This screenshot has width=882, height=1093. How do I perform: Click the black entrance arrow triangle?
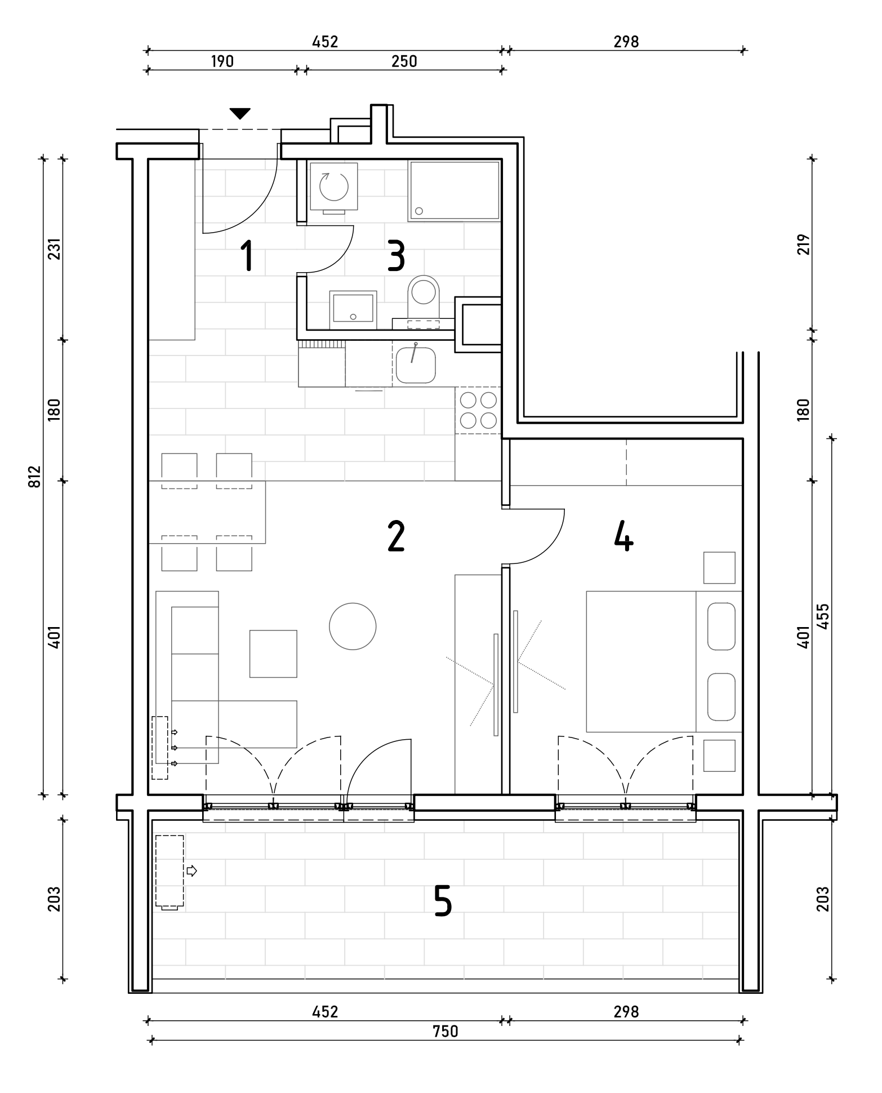[x=240, y=114]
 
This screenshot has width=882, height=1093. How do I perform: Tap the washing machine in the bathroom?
[x=333, y=188]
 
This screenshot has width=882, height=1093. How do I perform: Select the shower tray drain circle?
[x=418, y=211]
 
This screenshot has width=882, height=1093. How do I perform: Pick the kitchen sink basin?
[x=416, y=365]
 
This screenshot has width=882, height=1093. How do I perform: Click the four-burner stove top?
[x=478, y=410]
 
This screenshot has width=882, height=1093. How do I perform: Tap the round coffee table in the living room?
[x=353, y=627]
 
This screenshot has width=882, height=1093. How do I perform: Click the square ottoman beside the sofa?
[x=273, y=654]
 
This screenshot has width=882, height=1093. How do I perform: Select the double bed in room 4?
[x=664, y=661]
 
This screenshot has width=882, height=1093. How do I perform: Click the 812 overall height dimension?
[x=35, y=477]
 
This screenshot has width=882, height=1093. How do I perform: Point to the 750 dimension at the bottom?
[x=446, y=1032]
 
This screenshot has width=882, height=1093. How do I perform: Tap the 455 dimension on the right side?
[x=822, y=616]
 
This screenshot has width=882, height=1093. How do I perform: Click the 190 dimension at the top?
[x=222, y=61]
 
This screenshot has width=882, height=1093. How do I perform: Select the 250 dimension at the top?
[x=404, y=61]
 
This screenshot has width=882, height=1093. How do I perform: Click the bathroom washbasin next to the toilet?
[x=353, y=307]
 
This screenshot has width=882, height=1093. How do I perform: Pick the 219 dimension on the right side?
[x=803, y=245]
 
